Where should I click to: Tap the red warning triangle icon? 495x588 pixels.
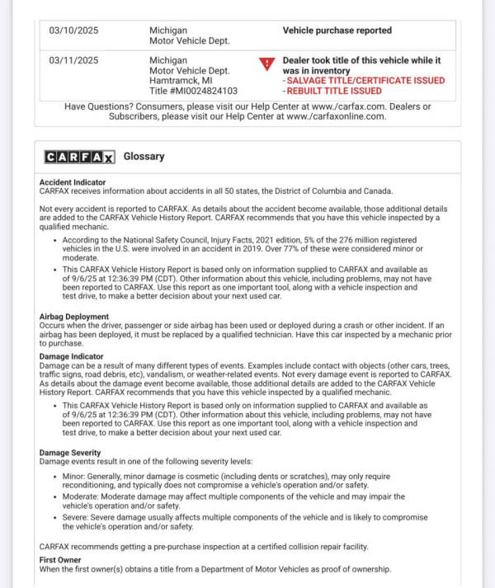point(267,64)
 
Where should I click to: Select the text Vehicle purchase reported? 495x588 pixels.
point(337,31)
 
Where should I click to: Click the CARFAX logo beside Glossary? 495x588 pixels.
point(80,157)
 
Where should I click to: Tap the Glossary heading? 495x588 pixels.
point(144,157)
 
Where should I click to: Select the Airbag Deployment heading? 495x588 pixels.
point(74,317)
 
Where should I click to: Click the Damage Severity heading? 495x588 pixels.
point(70,453)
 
